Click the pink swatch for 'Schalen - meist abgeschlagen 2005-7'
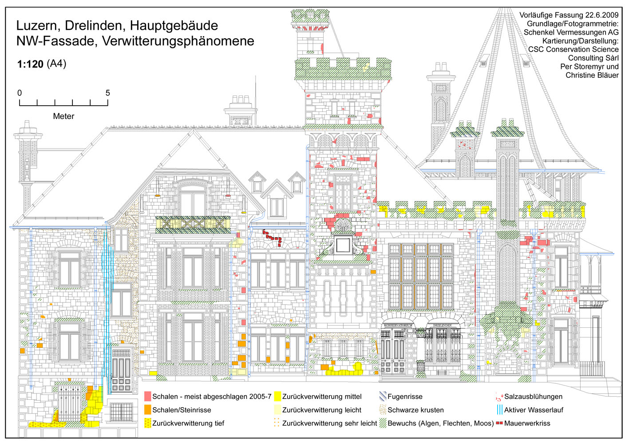coord(148,397)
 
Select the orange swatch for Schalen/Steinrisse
coord(148,410)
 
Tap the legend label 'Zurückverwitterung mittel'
coord(322,397)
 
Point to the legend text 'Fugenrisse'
coord(405,397)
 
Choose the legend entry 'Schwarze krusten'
coord(415,410)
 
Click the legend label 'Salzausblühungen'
coord(533,397)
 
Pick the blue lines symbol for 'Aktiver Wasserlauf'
coord(500,410)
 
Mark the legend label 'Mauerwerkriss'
coord(527,423)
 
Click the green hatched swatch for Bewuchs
coord(383,423)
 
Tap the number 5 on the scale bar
coord(107,93)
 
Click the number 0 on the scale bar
coord(20,93)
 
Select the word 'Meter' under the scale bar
coord(63,116)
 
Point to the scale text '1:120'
coord(30,64)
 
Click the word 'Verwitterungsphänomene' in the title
coord(178,41)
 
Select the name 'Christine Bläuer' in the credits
coord(592,75)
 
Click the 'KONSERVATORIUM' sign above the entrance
coord(398,326)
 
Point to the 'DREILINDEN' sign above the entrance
coord(442,326)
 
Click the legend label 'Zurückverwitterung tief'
coord(188,423)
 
